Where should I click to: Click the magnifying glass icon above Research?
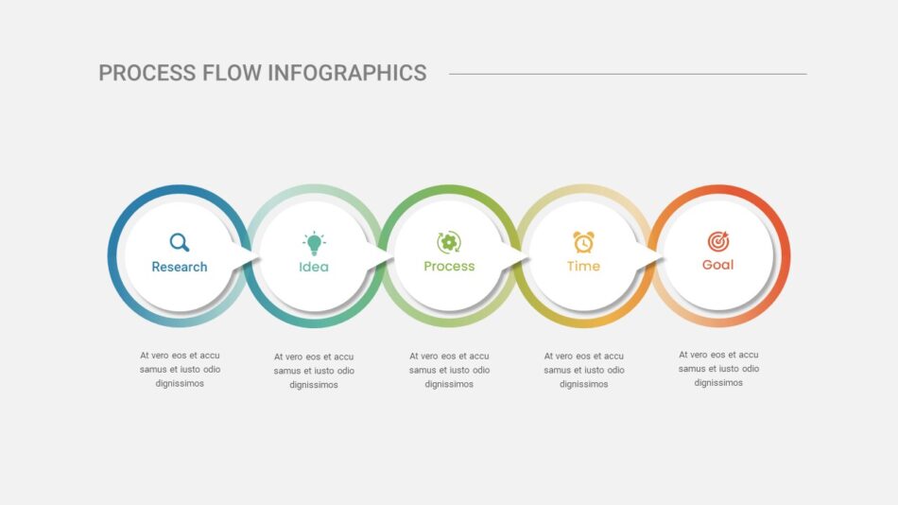[x=180, y=242]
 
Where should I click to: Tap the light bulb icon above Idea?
[x=314, y=243]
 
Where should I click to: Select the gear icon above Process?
[x=449, y=242]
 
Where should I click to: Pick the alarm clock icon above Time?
[x=583, y=242]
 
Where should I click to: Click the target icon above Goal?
[x=718, y=241]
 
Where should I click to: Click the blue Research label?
[x=180, y=267]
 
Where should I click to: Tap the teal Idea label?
[x=314, y=267]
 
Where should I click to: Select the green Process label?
[x=449, y=267]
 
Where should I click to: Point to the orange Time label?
[x=583, y=266]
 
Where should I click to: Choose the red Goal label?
[x=718, y=265]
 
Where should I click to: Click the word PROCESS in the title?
[x=147, y=74]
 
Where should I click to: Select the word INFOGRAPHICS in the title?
[x=347, y=74]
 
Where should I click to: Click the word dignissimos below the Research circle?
[x=180, y=384]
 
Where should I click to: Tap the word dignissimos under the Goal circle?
[x=718, y=383]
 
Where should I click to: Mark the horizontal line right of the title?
[x=628, y=74]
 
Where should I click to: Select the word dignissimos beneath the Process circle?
[x=449, y=384]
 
